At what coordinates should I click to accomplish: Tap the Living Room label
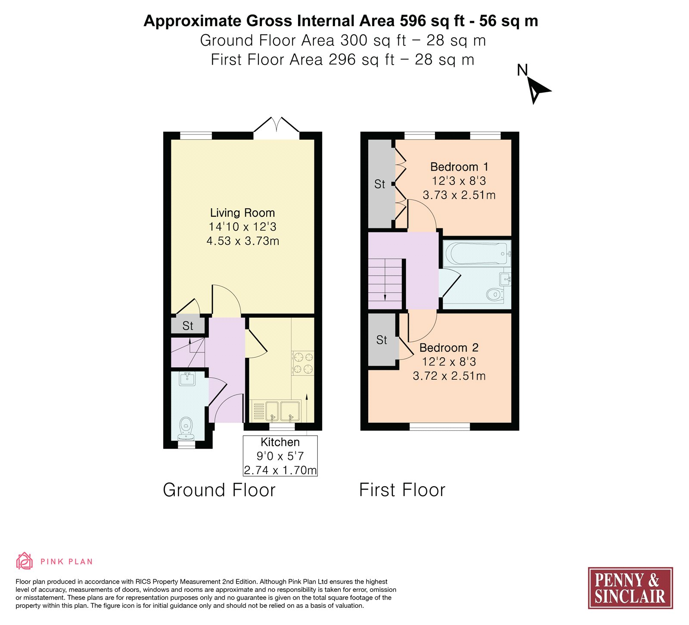tap(242, 213)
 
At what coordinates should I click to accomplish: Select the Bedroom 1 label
tap(459, 167)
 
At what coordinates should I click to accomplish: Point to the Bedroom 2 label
tap(449, 348)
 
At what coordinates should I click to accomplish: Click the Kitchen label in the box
tap(280, 442)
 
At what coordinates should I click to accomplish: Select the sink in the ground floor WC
tap(187, 378)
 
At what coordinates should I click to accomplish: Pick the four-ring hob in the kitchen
tap(303, 363)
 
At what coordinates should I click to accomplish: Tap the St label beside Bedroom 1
tap(380, 184)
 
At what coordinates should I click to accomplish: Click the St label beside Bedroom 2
tap(382, 340)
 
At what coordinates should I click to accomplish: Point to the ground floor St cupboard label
tap(188, 326)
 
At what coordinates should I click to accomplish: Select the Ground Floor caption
tap(219, 490)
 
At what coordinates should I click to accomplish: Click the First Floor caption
tap(402, 490)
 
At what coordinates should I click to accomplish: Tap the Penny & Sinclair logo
tap(630, 588)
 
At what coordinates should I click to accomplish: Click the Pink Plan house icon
tap(25, 561)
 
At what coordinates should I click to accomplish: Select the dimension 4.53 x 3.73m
tap(243, 241)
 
